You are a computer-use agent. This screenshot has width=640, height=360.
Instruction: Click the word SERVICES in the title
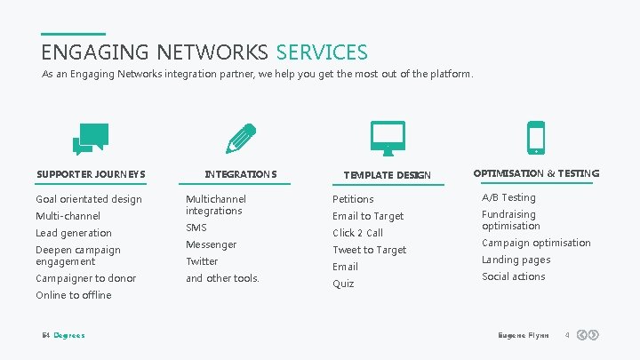[x=321, y=52]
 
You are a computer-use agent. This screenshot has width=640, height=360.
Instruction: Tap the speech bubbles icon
[x=91, y=139]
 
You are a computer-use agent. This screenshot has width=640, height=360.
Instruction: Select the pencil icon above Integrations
[x=240, y=139]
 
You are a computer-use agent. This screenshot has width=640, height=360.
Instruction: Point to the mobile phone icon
[x=536, y=138]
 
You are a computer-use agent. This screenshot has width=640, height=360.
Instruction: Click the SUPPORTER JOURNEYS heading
[x=91, y=173]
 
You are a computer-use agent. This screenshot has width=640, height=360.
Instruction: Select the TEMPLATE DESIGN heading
[x=387, y=175]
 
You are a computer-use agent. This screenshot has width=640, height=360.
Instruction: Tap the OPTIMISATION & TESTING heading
[x=536, y=173]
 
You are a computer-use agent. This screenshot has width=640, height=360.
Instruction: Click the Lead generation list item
[x=74, y=233]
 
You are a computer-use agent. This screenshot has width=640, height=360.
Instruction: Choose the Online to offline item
[x=74, y=295]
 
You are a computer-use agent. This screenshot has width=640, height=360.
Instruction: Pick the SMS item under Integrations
[x=196, y=228]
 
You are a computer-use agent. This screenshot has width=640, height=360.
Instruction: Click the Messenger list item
[x=211, y=244]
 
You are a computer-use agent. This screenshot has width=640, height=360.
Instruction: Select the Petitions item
[x=353, y=199]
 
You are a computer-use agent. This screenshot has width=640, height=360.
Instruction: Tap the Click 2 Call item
[x=357, y=233]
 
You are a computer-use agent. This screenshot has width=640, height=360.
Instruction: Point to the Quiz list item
[x=343, y=284]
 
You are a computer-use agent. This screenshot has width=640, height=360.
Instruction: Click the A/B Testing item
[x=508, y=197]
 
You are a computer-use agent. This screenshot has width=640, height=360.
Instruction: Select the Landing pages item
[x=516, y=260]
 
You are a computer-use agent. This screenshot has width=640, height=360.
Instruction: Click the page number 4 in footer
[x=566, y=335]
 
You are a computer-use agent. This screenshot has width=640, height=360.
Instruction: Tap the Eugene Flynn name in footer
[x=524, y=335]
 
